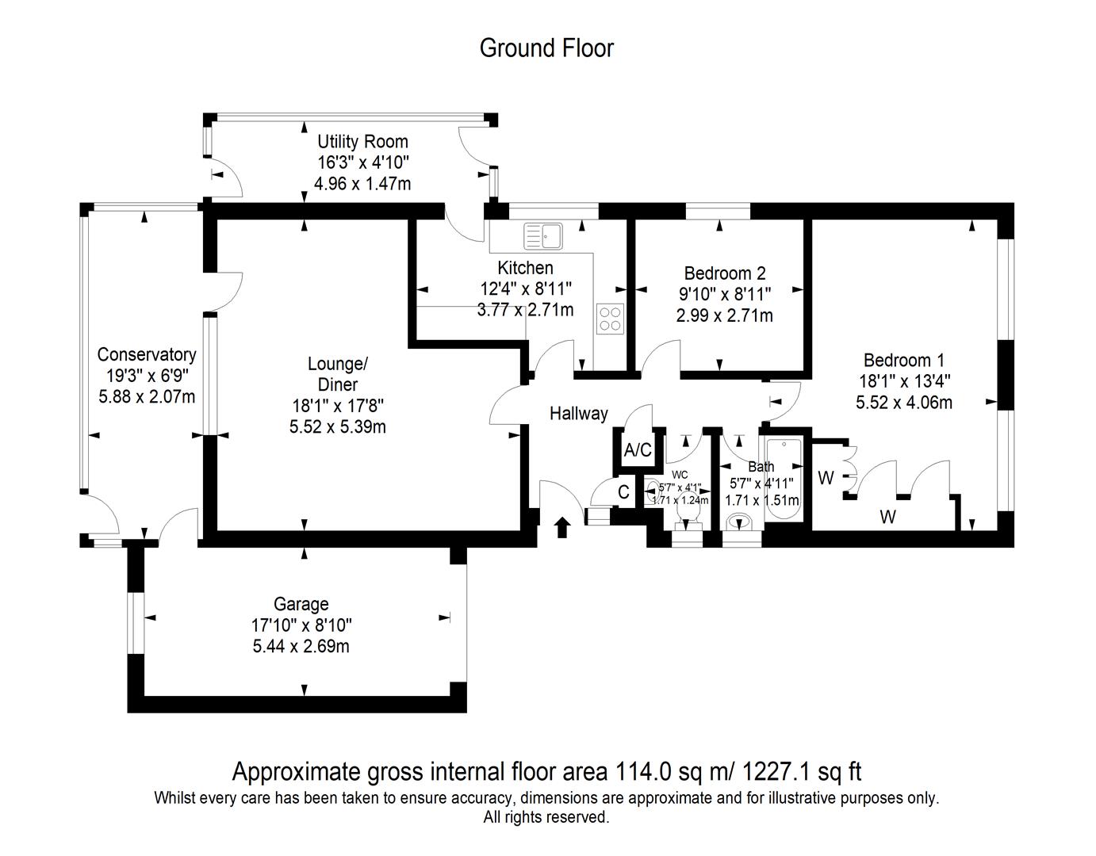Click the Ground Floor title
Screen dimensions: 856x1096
pos(546,48)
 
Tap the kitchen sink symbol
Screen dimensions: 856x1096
pos(542,235)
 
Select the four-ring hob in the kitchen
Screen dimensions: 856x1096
pos(611,319)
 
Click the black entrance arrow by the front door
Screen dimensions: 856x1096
pos(562,527)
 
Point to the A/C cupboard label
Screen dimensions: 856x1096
pos(638,451)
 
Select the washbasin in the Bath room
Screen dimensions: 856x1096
pos(742,523)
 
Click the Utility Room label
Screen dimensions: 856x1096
pos(362,142)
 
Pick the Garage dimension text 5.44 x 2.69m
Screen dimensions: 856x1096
pos(301,646)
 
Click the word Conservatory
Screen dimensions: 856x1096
pos(146,354)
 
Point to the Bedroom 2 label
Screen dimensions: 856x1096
pos(725,273)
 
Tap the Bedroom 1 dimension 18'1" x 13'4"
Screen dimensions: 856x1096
pos(904,381)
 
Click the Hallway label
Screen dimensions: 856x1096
pos(579,413)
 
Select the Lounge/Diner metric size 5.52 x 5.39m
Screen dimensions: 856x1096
pos(338,426)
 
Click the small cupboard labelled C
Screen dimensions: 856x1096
pos(623,492)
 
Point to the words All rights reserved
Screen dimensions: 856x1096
pos(546,816)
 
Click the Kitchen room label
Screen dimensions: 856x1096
pos(525,267)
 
